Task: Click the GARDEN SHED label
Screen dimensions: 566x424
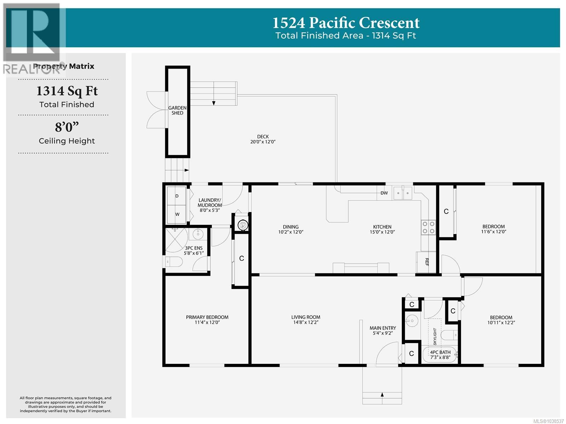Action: pyautogui.click(x=178, y=110)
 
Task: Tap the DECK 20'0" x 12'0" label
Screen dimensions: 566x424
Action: pyautogui.click(x=263, y=139)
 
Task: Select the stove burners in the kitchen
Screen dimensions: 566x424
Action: pyautogui.click(x=428, y=227)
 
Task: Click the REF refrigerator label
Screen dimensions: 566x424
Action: pyautogui.click(x=427, y=262)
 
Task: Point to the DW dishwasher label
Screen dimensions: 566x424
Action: pyautogui.click(x=384, y=193)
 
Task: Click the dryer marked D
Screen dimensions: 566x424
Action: pyautogui.click(x=177, y=196)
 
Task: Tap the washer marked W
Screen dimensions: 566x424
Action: pyautogui.click(x=177, y=214)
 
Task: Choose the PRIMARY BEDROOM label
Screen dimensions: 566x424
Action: pyautogui.click(x=207, y=320)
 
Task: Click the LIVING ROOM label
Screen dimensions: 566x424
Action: pyautogui.click(x=306, y=320)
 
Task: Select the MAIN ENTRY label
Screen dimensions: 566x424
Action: pyautogui.click(x=383, y=330)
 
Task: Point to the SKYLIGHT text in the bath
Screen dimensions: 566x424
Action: pyautogui.click(x=435, y=337)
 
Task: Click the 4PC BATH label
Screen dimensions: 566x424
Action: pyautogui.click(x=440, y=355)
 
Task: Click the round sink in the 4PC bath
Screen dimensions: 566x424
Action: pyautogui.click(x=411, y=321)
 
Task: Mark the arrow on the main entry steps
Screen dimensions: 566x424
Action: pyautogui.click(x=382, y=395)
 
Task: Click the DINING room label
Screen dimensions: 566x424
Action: pyautogui.click(x=291, y=229)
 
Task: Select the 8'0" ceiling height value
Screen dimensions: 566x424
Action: pyautogui.click(x=67, y=127)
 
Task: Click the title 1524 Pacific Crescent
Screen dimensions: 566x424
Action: pyautogui.click(x=346, y=23)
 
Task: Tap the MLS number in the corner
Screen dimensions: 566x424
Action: pyautogui.click(x=548, y=421)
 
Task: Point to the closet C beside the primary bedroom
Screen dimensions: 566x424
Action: pyautogui.click(x=241, y=259)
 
